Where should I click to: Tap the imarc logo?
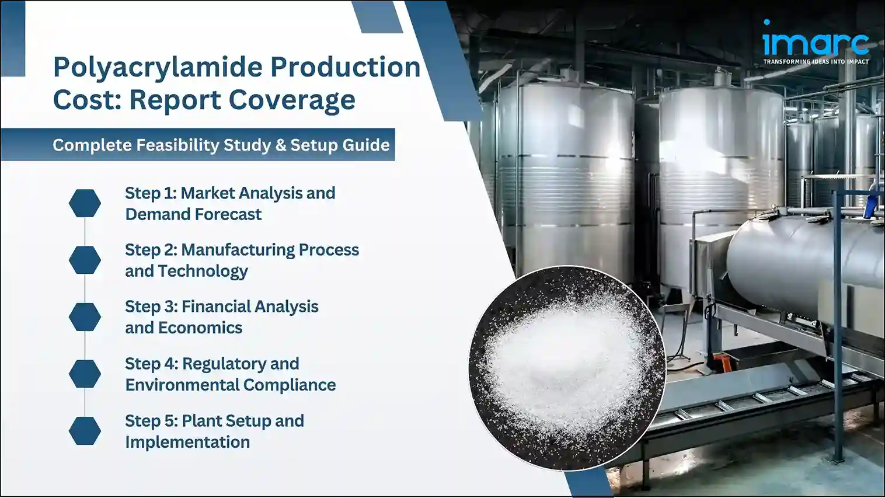pyautogui.click(x=816, y=43)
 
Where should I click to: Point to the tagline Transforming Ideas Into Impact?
pyautogui.click(x=816, y=61)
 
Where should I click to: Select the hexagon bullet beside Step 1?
pyautogui.click(x=85, y=203)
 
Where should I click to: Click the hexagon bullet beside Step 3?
pyautogui.click(x=85, y=316)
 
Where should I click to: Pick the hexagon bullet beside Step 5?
pyautogui.click(x=85, y=431)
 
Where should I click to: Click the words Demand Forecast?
pyautogui.click(x=193, y=214)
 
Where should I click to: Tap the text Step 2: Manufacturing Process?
pyautogui.click(x=242, y=250)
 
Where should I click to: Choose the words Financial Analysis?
pyautogui.click(x=250, y=307)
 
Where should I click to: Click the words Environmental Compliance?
pyautogui.click(x=230, y=385)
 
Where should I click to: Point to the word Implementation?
pyautogui.click(x=187, y=442)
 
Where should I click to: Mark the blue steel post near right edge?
pyautogui.click(x=838, y=321)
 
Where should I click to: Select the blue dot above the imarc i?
pyautogui.click(x=766, y=22)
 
